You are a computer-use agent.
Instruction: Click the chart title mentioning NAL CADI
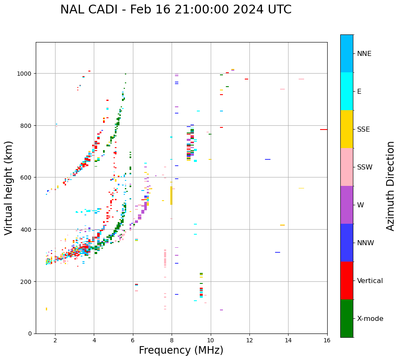pyautogui.click(x=176, y=10)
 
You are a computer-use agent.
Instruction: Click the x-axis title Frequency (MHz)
pyautogui.click(x=181, y=350)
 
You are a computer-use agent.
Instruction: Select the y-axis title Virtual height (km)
pyautogui.click(x=9, y=188)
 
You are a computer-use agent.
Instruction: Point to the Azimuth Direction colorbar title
pyautogui.click(x=391, y=186)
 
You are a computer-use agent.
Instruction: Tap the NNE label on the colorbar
pyautogui.click(x=364, y=54)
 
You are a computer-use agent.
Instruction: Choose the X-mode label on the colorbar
pyautogui.click(x=370, y=319)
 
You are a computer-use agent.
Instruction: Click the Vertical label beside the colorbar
pyautogui.click(x=370, y=281)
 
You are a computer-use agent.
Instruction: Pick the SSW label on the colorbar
pyautogui.click(x=365, y=167)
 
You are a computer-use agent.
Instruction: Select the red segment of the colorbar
pyautogui.click(x=347, y=281)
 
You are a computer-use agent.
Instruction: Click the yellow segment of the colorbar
pyautogui.click(x=347, y=129)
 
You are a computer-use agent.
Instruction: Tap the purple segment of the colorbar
pyautogui.click(x=347, y=205)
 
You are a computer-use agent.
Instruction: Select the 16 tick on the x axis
pyautogui.click(x=327, y=341)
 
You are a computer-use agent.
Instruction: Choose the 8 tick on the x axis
pyautogui.click(x=172, y=341)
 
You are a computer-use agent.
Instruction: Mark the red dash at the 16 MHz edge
pyautogui.click(x=323, y=130)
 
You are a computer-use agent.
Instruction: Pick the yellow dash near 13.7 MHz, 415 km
pyautogui.click(x=282, y=225)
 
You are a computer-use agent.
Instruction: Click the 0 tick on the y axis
pyautogui.click(x=30, y=334)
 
